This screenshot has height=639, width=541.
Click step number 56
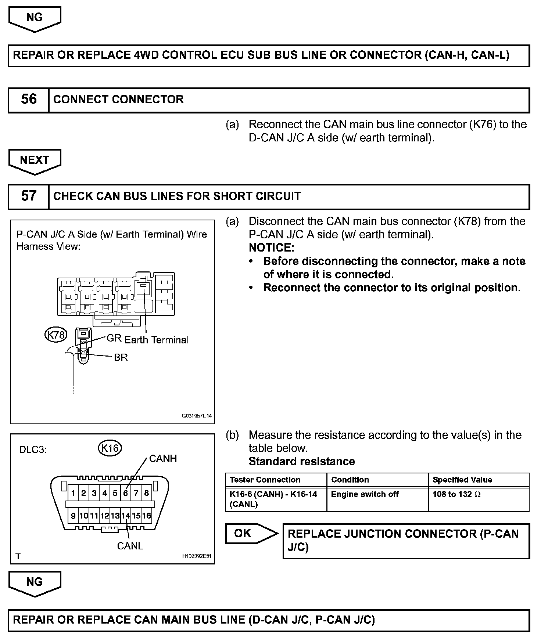pyautogui.click(x=29, y=100)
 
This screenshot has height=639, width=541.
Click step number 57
pyautogui.click(x=29, y=196)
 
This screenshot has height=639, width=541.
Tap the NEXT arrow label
pyautogui.click(x=35, y=160)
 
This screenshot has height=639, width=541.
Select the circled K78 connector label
pyautogui.click(x=56, y=335)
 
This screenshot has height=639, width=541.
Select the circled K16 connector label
pyautogui.click(x=110, y=448)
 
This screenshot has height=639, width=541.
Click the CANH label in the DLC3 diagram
pyautogui.click(x=163, y=459)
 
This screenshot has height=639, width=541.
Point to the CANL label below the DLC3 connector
pyautogui.click(x=130, y=546)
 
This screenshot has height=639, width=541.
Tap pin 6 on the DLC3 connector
pyautogui.click(x=126, y=493)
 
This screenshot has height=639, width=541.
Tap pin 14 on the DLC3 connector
pyautogui.click(x=126, y=516)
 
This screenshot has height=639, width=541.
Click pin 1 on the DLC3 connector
pyautogui.click(x=73, y=493)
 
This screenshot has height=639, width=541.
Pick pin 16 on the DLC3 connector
pyautogui.click(x=147, y=516)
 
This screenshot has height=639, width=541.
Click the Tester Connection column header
pyautogui.click(x=265, y=480)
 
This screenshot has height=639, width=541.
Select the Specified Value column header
pyautogui.click(x=462, y=480)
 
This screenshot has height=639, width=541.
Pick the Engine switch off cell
pyautogui.click(x=365, y=494)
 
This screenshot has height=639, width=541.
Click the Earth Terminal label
pyautogui.click(x=157, y=340)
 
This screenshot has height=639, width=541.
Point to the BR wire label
pyautogui.click(x=121, y=357)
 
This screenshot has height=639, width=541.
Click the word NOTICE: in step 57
pyautogui.click(x=271, y=248)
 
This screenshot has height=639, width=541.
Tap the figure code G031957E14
pyautogui.click(x=197, y=416)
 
